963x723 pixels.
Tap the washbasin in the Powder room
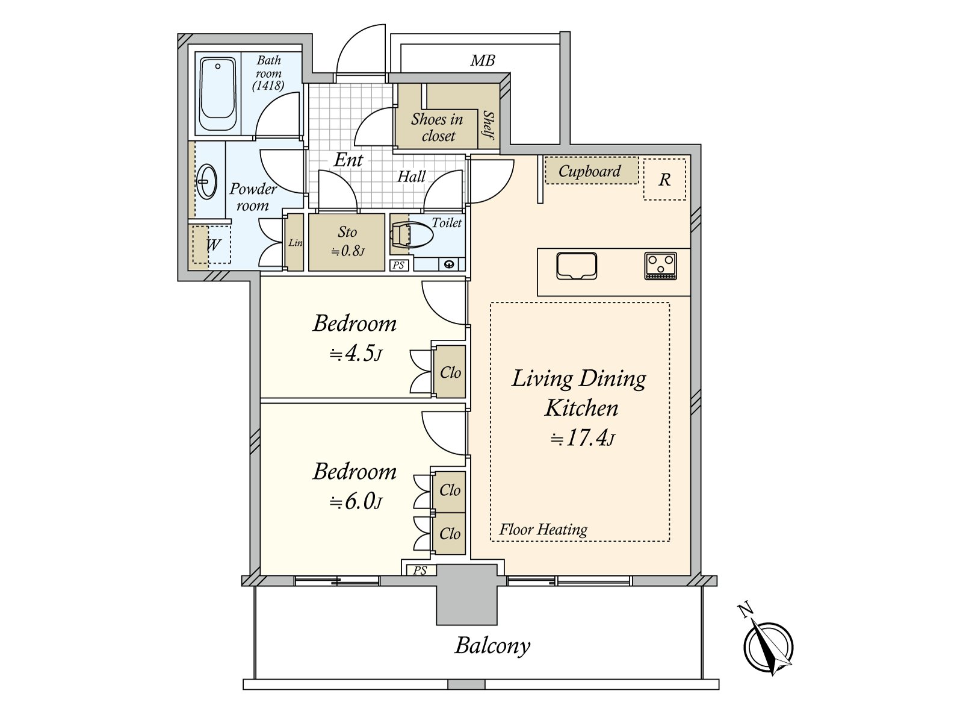206,181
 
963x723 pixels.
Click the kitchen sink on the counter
577,266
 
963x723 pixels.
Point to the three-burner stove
660,266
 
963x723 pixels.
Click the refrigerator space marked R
664,180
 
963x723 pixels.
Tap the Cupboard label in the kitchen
590,172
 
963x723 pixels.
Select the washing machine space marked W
211,245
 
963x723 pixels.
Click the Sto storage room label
347,232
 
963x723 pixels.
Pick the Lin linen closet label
295,243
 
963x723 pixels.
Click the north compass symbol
767,648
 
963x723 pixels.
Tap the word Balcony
492,646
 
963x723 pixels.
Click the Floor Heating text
543,530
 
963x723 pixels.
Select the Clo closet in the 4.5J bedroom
450,372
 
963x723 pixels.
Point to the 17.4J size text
582,439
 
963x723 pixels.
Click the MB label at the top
483,60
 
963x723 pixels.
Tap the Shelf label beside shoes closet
489,125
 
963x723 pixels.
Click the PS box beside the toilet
398,265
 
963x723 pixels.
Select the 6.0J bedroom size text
356,501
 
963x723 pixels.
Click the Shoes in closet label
438,128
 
